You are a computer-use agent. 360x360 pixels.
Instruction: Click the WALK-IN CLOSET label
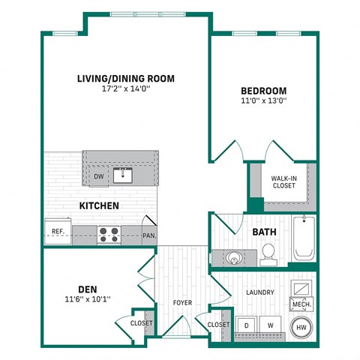(283, 181)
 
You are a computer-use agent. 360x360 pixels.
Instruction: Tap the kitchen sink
(123, 176)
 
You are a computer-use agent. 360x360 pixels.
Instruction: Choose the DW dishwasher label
(99, 177)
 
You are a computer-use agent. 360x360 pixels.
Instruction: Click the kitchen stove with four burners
(109, 234)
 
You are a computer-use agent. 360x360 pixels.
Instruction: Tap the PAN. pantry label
(148, 235)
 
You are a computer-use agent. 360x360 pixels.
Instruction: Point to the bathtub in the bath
(303, 238)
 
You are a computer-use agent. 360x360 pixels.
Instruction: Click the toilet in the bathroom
(268, 254)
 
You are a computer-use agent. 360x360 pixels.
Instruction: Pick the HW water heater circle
(301, 327)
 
